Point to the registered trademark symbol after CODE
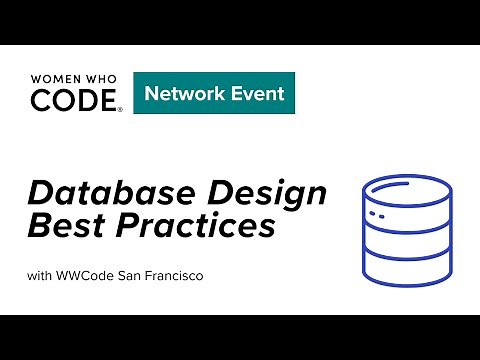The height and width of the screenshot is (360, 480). pos(121,109)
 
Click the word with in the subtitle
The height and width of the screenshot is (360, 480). pos(41,275)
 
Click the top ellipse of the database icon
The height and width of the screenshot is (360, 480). pos(398,187)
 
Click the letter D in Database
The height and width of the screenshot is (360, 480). pos(41,193)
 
